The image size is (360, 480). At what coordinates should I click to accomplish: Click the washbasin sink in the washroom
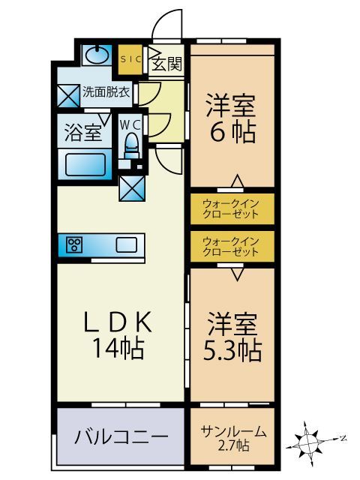tap(95, 55)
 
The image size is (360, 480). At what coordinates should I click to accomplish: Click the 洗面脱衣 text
tap(106, 94)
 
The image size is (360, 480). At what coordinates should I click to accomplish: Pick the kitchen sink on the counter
tap(125, 244)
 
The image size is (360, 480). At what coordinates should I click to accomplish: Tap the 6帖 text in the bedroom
tap(232, 133)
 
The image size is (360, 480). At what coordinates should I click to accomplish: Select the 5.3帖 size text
tap(232, 349)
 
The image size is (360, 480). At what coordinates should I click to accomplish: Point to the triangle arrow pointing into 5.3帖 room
tap(236, 274)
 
